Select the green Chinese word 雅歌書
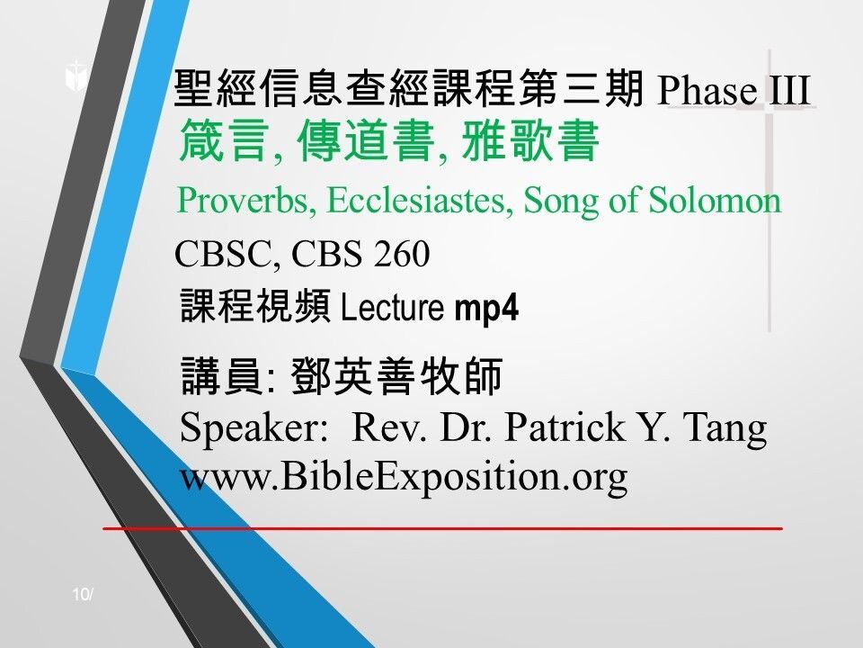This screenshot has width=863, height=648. tap(530, 144)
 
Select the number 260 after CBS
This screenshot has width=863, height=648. tap(397, 256)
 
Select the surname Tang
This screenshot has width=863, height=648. tap(731, 427)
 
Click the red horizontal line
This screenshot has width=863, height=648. tap(442, 528)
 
